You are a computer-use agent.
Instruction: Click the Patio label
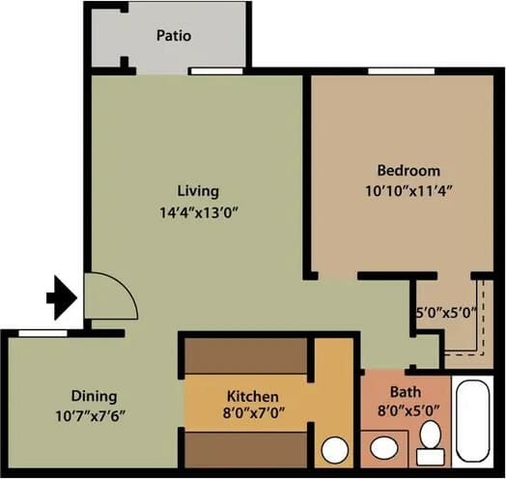pyautogui.click(x=174, y=37)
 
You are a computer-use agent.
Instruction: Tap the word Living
pyautogui.click(x=198, y=190)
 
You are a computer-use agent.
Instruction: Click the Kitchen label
pyautogui.click(x=252, y=397)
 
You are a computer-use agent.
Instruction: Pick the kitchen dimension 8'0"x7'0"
pyautogui.click(x=252, y=416)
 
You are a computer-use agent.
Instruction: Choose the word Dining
pyautogui.click(x=94, y=396)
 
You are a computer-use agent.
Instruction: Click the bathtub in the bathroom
pyautogui.click(x=474, y=423)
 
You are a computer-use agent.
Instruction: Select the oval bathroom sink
pyautogui.click(x=383, y=449)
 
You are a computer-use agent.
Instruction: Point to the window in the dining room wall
pyautogui.click(x=43, y=333)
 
